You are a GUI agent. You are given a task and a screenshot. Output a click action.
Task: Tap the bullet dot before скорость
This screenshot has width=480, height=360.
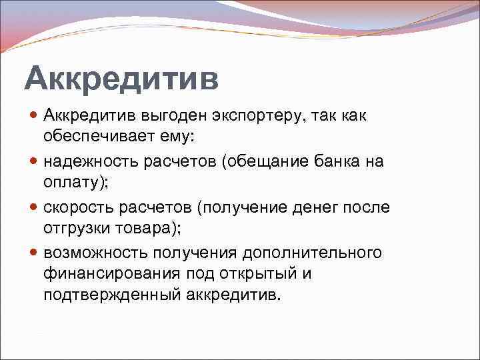(34, 207)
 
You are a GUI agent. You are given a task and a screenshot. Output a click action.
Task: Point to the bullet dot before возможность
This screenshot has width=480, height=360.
(34, 253)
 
